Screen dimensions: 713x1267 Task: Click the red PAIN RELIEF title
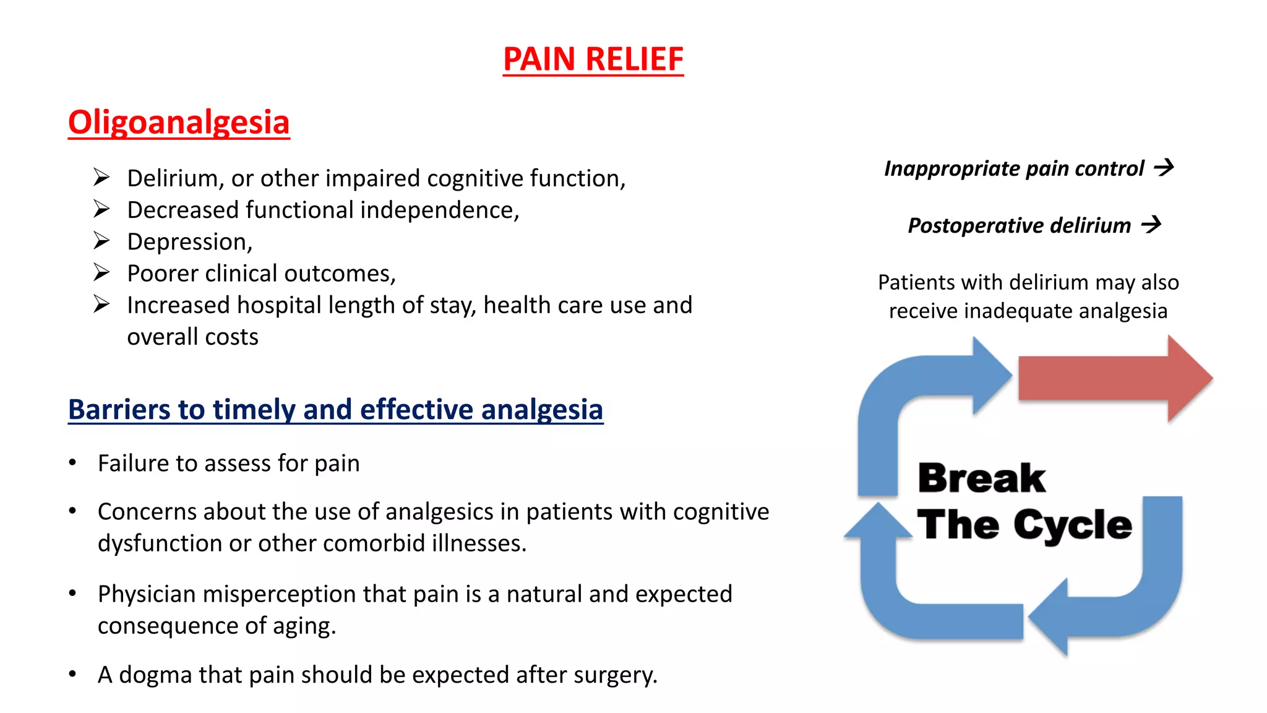tap(593, 59)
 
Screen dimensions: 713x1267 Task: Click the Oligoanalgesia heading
tap(179, 122)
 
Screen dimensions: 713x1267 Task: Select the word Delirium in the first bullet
tap(171, 178)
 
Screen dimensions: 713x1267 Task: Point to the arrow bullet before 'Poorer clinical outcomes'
tap(101, 272)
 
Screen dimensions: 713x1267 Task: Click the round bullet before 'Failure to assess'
tap(73, 463)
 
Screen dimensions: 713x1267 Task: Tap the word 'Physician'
tap(147, 594)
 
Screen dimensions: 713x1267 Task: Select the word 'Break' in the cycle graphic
tap(981, 478)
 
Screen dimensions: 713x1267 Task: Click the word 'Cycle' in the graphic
tap(1073, 525)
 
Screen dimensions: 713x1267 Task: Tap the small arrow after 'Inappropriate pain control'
tap(1164, 167)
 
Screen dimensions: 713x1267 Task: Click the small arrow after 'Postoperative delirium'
tap(1151, 224)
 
